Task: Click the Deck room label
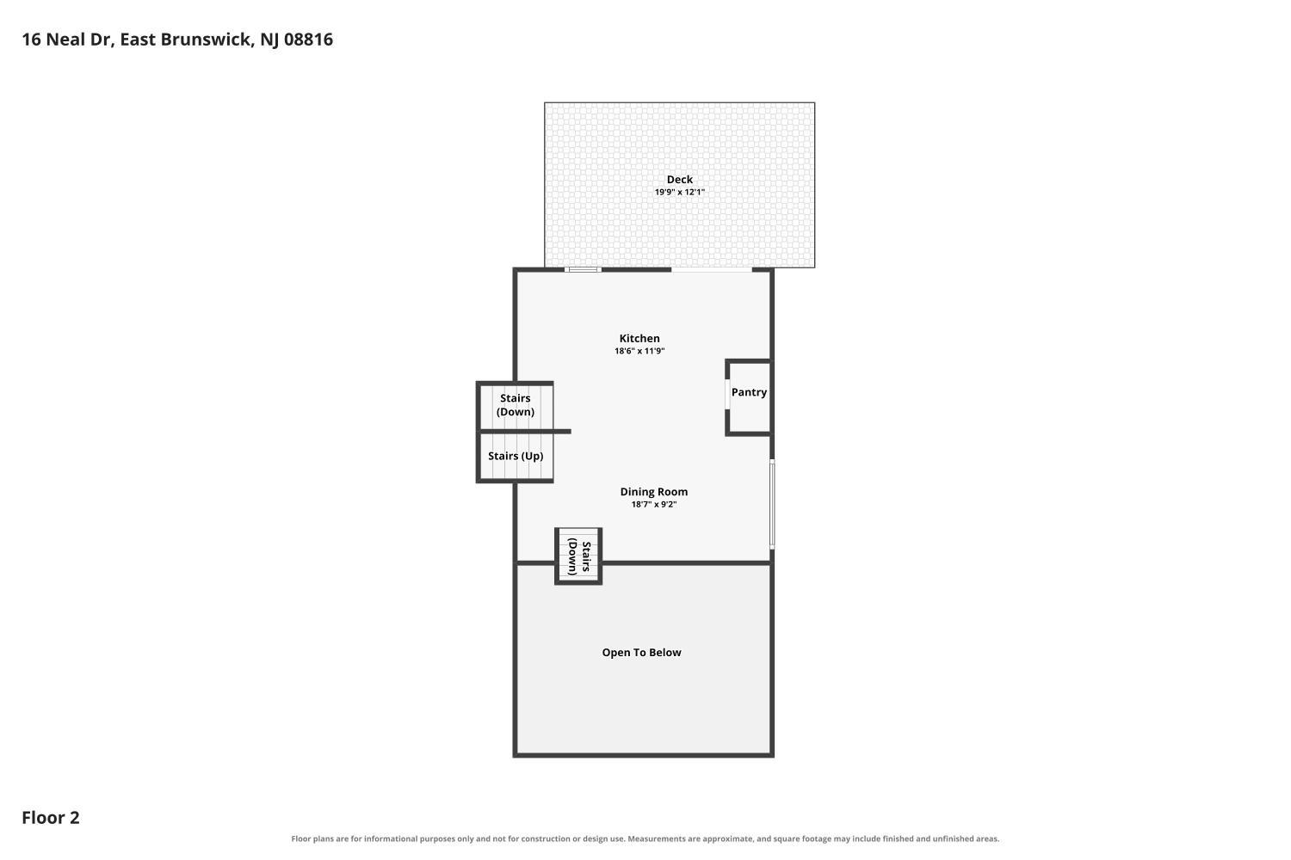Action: (680, 180)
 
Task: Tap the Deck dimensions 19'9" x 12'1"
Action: (680, 192)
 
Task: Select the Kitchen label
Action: (639, 339)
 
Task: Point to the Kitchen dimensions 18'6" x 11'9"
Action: (639, 351)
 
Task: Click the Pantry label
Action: (749, 392)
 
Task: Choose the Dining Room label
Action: (653, 492)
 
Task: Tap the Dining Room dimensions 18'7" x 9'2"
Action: (653, 505)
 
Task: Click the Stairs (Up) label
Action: (516, 456)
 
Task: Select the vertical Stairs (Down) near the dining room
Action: (579, 556)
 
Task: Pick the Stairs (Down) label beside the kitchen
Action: (516, 405)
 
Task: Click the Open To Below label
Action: (641, 653)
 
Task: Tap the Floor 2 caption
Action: (51, 817)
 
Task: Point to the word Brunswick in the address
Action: (206, 40)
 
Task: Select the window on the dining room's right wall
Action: (772, 504)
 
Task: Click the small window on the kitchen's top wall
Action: (583, 269)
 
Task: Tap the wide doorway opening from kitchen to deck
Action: (711, 269)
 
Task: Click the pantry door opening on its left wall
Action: (727, 394)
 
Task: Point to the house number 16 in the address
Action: (31, 40)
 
